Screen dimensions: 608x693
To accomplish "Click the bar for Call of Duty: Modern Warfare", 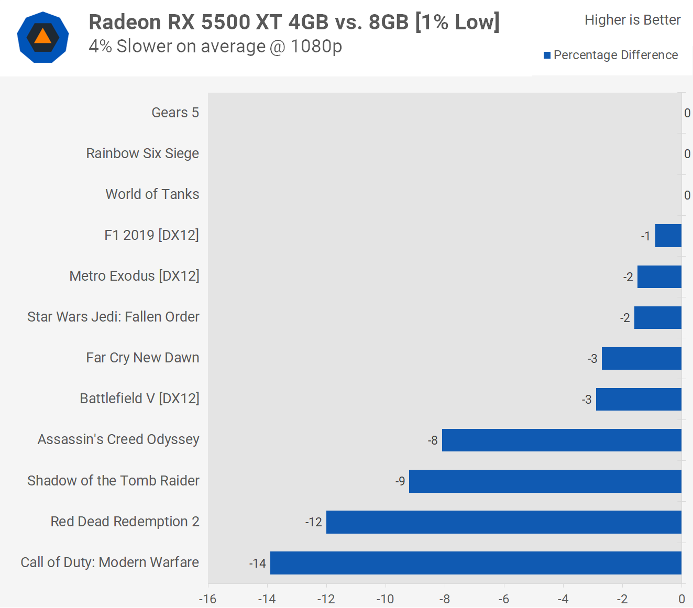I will [476, 563].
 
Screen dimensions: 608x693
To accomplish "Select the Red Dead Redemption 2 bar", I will [504, 522].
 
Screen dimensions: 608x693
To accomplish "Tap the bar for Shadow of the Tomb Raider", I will [545, 481].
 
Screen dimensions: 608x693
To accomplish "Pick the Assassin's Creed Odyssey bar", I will [562, 440].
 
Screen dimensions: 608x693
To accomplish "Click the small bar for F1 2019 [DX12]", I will [668, 236].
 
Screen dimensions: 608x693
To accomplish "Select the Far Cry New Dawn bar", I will [642, 359].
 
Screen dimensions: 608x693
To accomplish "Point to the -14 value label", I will [258, 563].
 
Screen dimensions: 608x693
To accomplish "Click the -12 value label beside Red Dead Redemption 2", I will [314, 523].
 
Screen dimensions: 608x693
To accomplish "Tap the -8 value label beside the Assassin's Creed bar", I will [433, 441].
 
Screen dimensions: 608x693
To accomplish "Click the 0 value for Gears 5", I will [687, 113].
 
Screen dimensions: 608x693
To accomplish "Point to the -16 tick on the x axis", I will [208, 599].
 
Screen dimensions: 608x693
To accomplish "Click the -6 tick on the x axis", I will [504, 599].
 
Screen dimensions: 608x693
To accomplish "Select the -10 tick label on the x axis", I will [386, 599].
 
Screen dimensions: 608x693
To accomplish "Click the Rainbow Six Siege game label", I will [142, 153].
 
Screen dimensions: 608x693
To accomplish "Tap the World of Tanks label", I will [152, 194].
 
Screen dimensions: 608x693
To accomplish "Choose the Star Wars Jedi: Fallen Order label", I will [113, 317].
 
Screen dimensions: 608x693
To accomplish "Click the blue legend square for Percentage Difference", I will [547, 56].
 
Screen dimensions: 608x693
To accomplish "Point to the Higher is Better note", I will [632, 20].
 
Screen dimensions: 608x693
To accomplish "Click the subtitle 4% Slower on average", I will [215, 47].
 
